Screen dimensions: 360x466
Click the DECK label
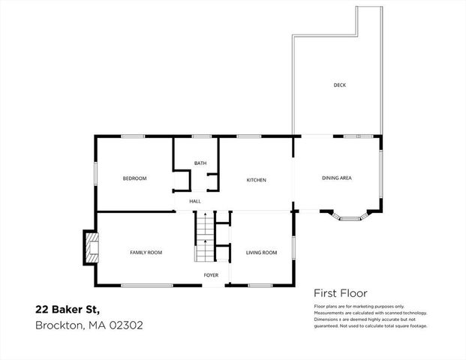point(340,85)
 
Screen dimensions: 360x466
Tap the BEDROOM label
point(134,178)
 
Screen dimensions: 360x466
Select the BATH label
point(200,163)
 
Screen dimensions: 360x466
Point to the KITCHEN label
point(257,180)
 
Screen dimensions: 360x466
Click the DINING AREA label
point(337,178)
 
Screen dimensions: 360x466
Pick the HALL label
point(195,201)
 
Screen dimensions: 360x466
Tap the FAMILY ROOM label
point(146,253)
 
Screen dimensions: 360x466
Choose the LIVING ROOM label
point(261,253)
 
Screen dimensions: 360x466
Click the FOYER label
point(212,275)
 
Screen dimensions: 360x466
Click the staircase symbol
point(205,236)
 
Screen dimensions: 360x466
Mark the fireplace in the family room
point(89,247)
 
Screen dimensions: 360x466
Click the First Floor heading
point(339,294)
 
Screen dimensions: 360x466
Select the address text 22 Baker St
point(68,309)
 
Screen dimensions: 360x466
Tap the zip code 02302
point(127,325)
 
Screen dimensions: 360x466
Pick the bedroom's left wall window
point(95,172)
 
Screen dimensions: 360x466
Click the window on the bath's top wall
point(200,136)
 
